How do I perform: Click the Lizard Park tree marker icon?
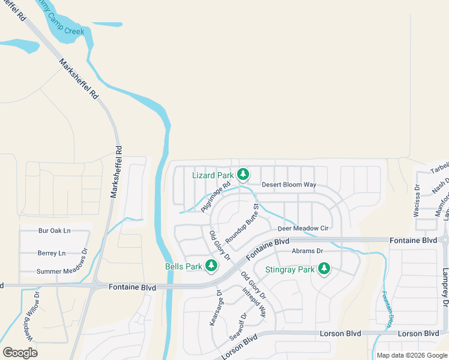[x=243, y=175]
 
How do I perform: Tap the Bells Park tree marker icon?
[x=211, y=265]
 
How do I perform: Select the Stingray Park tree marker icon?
[x=324, y=269]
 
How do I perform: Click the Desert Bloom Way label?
[x=289, y=185]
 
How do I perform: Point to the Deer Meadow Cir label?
[x=303, y=229]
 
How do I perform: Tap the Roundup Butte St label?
[x=245, y=223]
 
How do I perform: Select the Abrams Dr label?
[x=307, y=251]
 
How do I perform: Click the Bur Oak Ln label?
[x=54, y=230]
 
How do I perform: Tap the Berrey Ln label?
[x=51, y=253]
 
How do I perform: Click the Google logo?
[x=20, y=352]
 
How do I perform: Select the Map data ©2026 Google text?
[x=412, y=355]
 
